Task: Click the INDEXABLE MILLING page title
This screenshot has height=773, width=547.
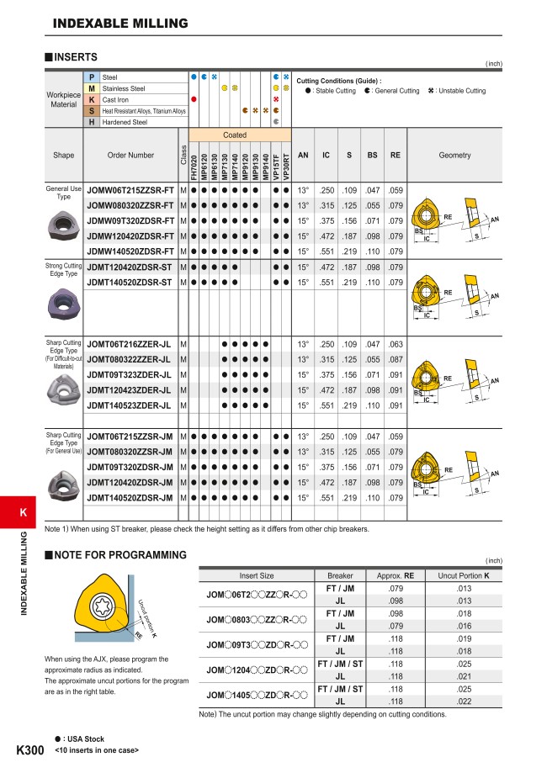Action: point(119,23)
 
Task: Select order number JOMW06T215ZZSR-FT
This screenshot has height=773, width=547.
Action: point(130,190)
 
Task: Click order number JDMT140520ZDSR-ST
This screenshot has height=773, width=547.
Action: point(130,282)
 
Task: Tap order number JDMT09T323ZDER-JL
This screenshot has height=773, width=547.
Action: point(129,374)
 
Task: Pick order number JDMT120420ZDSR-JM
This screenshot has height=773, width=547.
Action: point(130,482)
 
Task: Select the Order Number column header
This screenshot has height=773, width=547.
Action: point(130,155)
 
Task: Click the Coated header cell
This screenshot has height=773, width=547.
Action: point(235,135)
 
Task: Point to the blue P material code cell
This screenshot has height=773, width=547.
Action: point(91,77)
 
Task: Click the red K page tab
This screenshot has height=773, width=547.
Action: point(23,513)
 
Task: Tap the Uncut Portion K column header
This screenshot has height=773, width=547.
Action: point(463,575)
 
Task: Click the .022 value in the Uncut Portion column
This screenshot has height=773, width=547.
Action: point(463,701)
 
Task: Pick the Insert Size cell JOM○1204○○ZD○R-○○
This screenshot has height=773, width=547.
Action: point(256,670)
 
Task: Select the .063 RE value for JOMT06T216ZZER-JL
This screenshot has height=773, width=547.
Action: point(396,344)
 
